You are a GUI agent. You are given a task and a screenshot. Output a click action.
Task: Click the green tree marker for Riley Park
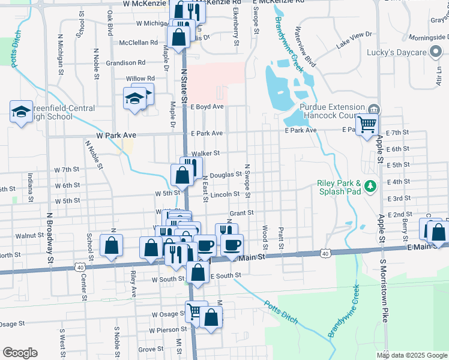pos(370,185)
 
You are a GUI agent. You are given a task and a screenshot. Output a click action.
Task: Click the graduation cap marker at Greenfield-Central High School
pos(21,111)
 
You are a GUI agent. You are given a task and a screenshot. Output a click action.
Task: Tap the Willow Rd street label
pos(140,79)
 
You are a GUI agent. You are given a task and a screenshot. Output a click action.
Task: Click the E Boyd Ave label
pos(206,106)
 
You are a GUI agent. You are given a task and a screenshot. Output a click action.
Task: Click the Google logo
pos(19,353)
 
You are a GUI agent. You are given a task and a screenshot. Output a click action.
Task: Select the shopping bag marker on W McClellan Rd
pos(179,38)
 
